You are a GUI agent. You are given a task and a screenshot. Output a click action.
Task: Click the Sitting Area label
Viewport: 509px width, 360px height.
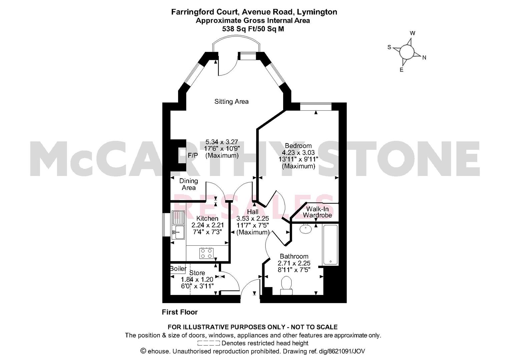pyautogui.click(x=231, y=102)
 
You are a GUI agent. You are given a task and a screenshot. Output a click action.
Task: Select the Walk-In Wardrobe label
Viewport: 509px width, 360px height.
pyautogui.click(x=318, y=212)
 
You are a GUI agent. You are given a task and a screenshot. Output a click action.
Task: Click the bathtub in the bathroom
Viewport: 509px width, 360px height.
pyautogui.click(x=331, y=245)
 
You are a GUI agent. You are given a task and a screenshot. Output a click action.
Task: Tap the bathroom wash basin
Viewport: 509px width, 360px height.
pyautogui.click(x=306, y=228)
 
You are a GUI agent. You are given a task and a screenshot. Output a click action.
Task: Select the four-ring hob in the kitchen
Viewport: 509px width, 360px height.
pyautogui.click(x=206, y=253)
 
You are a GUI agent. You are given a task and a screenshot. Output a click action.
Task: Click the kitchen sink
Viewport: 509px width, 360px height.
pyautogui.click(x=178, y=225)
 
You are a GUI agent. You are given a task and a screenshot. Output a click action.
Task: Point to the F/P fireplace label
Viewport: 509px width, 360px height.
pyautogui.click(x=193, y=155)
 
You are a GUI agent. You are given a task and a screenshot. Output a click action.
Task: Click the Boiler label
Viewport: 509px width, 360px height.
pyautogui.click(x=178, y=268)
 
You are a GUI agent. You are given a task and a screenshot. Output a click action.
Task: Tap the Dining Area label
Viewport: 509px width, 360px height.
pyautogui.click(x=188, y=184)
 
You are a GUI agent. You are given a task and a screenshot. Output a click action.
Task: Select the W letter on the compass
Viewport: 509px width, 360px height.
pyautogui.click(x=412, y=33)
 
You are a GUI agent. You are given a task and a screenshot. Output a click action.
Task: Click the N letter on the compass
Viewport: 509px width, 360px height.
pyautogui.click(x=424, y=58)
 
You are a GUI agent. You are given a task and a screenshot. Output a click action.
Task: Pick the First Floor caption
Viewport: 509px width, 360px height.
pyautogui.click(x=180, y=312)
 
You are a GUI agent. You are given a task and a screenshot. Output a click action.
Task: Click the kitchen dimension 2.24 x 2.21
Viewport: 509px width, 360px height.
pyautogui.click(x=208, y=225)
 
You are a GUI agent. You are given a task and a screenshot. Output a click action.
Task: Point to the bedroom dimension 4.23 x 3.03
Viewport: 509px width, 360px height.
pyautogui.click(x=298, y=152)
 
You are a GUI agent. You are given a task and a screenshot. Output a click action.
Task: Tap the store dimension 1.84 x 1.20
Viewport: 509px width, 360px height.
pyautogui.click(x=197, y=279)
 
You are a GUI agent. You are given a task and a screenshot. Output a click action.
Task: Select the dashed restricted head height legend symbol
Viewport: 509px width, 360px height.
pyautogui.click(x=208, y=343)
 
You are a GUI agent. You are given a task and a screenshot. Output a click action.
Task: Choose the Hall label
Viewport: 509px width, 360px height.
pyautogui.click(x=253, y=212)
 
